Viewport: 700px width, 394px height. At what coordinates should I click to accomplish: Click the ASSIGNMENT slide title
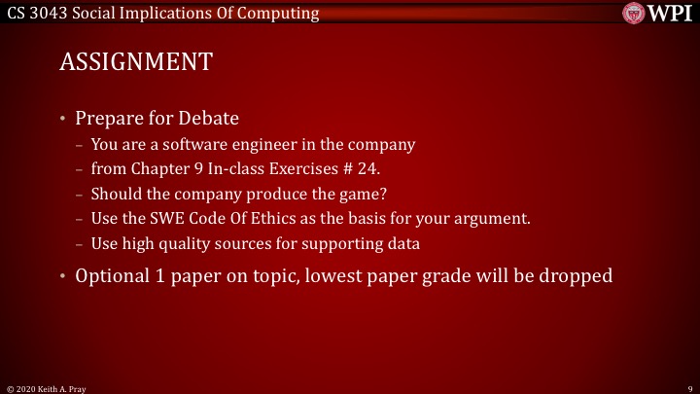pyautogui.click(x=136, y=62)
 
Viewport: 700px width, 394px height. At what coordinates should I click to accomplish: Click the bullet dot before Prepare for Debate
pyautogui.click(x=63, y=120)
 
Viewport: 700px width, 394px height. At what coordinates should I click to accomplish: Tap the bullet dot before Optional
pyautogui.click(x=63, y=276)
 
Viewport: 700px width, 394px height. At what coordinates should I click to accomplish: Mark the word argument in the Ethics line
pyautogui.click(x=495, y=217)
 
